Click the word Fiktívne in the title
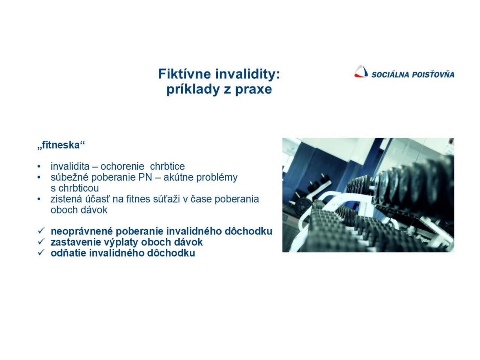pyautogui.click(x=185, y=74)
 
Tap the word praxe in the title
pyautogui.click(x=253, y=90)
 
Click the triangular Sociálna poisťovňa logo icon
pyautogui.click(x=361, y=71)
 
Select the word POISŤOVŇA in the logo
pyautogui.click(x=433, y=74)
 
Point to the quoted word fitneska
pyautogui.click(x=61, y=145)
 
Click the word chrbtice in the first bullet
pyautogui.click(x=167, y=166)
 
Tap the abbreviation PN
pyautogui.click(x=145, y=177)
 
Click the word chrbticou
pyautogui.click(x=79, y=188)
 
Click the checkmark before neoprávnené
pyautogui.click(x=41, y=231)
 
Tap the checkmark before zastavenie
pyautogui.click(x=41, y=241)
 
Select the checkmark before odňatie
pyautogui.click(x=41, y=252)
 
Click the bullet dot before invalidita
pyautogui.click(x=39, y=166)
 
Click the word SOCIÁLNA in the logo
pyautogui.click(x=390, y=74)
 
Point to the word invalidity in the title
pyautogui.click(x=247, y=74)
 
